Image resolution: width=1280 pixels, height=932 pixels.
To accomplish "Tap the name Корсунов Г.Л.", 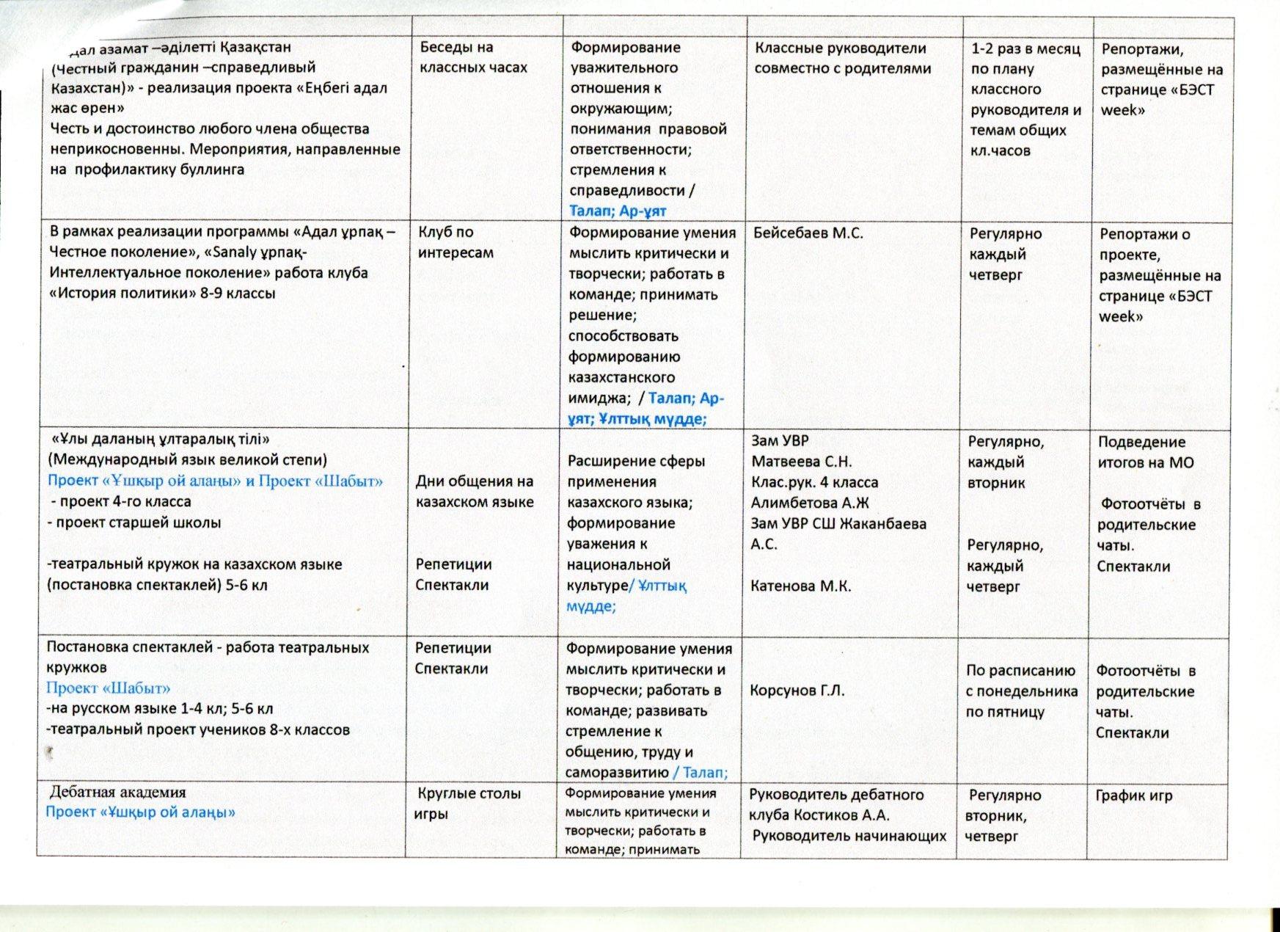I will [797, 691].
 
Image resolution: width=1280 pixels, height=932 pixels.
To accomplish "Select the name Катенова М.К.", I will [800, 586].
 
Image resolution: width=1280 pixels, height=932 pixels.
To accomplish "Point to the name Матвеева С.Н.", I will [801, 462].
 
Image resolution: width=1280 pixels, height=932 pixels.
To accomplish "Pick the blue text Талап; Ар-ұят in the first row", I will [618, 211].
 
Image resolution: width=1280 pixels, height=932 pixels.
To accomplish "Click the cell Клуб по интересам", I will [456, 243].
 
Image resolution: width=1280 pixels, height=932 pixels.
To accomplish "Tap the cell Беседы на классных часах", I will [473, 57].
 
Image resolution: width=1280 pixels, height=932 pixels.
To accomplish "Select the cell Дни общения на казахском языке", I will [474, 492].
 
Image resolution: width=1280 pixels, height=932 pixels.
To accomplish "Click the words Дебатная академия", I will [117, 793].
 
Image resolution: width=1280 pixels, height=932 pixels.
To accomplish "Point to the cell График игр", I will [1133, 796].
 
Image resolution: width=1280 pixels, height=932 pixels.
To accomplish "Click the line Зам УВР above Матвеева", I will [780, 441].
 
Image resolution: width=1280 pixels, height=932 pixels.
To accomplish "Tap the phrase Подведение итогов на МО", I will [1145, 453].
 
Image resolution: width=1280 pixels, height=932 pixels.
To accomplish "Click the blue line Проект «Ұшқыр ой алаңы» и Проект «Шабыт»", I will [215, 481].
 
